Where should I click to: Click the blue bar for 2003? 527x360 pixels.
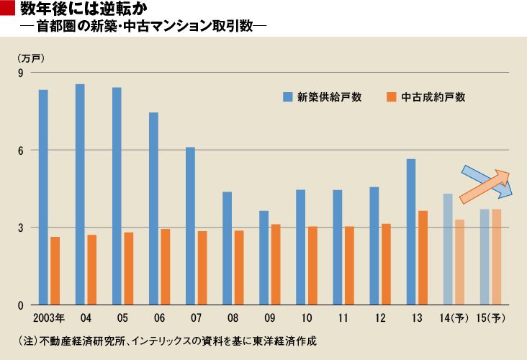pyautogui.click(x=43, y=197)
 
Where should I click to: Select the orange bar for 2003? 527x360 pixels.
pyautogui.click(x=55, y=271)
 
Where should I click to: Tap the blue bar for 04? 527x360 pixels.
pyautogui.click(x=80, y=194)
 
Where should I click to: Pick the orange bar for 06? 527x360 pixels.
pyautogui.click(x=166, y=267)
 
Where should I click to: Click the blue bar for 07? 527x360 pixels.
pyautogui.click(x=190, y=226)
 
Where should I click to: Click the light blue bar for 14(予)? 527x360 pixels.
pyautogui.click(x=448, y=249)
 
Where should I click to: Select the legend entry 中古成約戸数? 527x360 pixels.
pyautogui.click(x=426, y=97)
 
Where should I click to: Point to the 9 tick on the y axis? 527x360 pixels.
pyautogui.click(x=20, y=73)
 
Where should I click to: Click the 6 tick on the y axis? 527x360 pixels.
pyautogui.click(x=20, y=150)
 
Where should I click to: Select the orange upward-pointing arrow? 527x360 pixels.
pyautogui.click(x=484, y=186)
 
